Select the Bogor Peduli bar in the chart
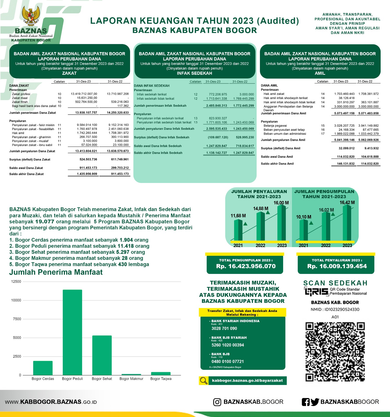[72, 332]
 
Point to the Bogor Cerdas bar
[43, 368]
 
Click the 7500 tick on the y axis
[16, 319]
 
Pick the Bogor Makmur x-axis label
[131, 379]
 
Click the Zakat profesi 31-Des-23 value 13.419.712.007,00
[84, 94]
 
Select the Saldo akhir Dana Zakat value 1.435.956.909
[87, 174]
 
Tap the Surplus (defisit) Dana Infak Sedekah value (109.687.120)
[218, 137]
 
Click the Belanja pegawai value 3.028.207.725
[344, 126]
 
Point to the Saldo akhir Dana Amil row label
[277, 164]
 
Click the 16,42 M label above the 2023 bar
[347, 203]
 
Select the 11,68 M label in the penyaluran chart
[238, 216]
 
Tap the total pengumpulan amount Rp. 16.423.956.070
[246, 266]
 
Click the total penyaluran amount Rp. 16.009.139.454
[337, 266]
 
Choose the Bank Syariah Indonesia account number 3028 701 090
[224, 329]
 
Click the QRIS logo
[316, 291]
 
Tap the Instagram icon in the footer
[217, 402]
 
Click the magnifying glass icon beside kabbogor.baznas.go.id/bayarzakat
[203, 381]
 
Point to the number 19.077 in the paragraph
[45, 222]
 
